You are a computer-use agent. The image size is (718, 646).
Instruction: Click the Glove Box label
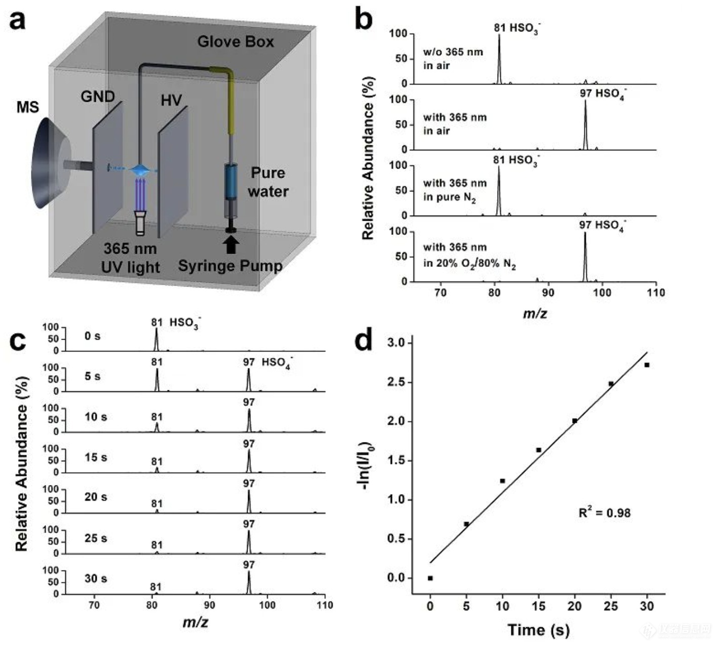235,42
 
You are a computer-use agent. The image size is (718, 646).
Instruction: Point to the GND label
97,96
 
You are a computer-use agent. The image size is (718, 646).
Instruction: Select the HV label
171,101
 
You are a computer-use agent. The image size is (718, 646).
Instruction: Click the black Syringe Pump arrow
231,245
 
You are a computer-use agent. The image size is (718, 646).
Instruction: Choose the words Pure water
268,182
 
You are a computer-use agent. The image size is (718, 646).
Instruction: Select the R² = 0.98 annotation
605,513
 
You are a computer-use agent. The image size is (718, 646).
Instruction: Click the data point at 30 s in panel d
647,365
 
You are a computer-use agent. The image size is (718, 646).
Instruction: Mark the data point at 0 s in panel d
430,578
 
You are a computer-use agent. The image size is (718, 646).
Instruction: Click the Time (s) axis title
538,630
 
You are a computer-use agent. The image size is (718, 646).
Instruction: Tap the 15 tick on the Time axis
538,607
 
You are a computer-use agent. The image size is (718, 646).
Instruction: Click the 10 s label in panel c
96,417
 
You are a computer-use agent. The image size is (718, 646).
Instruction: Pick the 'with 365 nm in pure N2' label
454,190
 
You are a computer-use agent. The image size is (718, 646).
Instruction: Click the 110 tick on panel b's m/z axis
656,293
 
